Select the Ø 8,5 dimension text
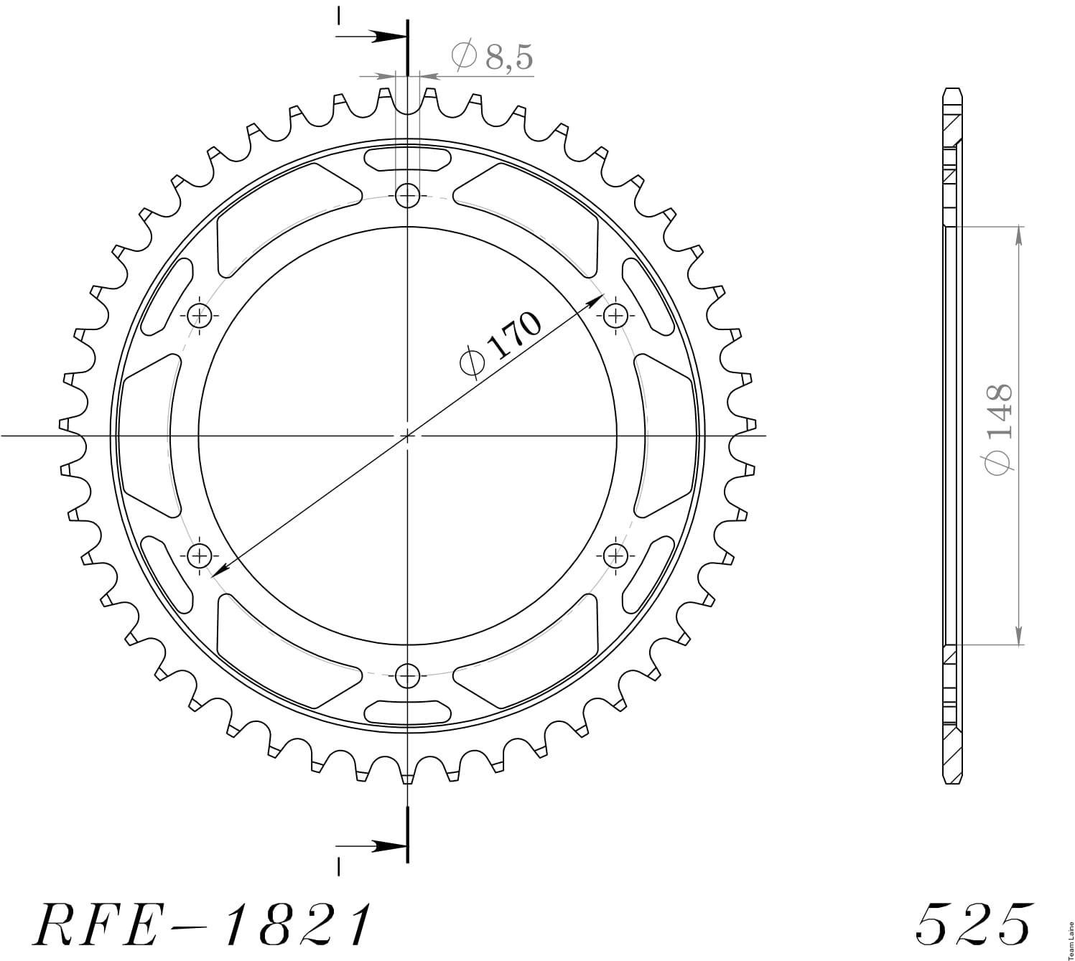492,57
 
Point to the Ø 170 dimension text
500,345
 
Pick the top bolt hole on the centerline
407,196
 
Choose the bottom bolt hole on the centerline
407,675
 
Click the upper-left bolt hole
200,316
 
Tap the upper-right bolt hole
615,316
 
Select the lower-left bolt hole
200,555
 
